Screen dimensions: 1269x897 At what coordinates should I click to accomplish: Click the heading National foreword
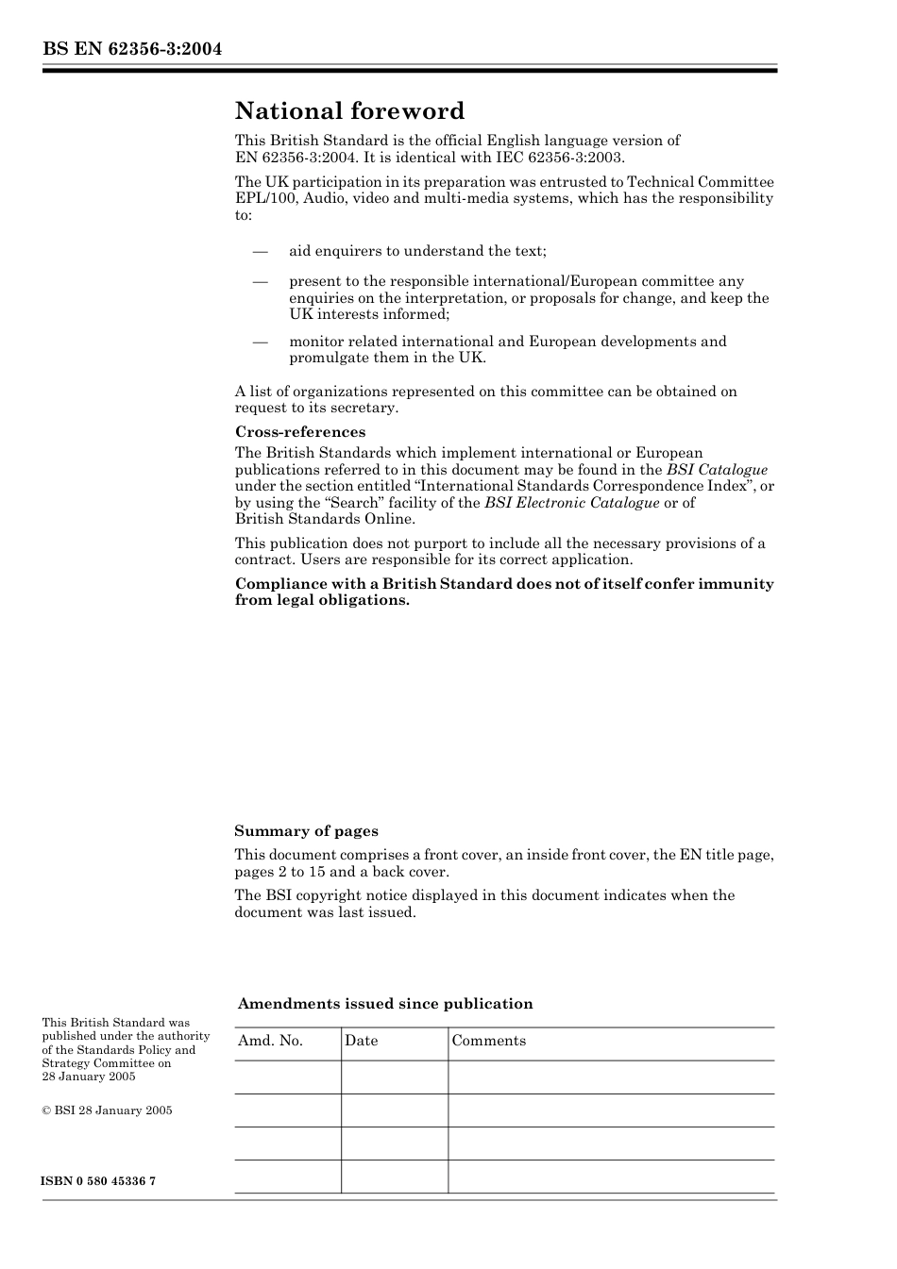pyautogui.click(x=349, y=111)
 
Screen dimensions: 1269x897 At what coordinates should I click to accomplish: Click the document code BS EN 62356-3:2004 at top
pyautogui.click(x=132, y=49)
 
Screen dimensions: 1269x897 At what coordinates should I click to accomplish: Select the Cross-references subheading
pyautogui.click(x=300, y=432)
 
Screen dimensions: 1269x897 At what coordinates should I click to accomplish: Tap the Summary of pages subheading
pyautogui.click(x=306, y=831)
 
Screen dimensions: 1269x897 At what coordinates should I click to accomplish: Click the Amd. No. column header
pyautogui.click(x=270, y=1041)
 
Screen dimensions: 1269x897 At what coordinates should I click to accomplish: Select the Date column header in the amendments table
pyautogui.click(x=361, y=1041)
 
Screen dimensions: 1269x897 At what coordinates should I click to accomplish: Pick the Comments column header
pyautogui.click(x=488, y=1041)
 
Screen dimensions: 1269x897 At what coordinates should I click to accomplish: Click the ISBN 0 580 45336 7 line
pyautogui.click(x=99, y=1181)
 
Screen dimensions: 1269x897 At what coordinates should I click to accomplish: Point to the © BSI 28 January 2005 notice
pyautogui.click(x=107, y=1110)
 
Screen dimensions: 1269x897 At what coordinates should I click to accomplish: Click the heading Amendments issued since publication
pyautogui.click(x=385, y=1004)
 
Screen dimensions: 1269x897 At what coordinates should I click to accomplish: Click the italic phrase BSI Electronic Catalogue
pyautogui.click(x=571, y=503)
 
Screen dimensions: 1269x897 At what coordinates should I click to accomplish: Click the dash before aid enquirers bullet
pyautogui.click(x=260, y=251)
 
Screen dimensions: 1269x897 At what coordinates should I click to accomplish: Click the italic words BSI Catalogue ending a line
pyautogui.click(x=717, y=470)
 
